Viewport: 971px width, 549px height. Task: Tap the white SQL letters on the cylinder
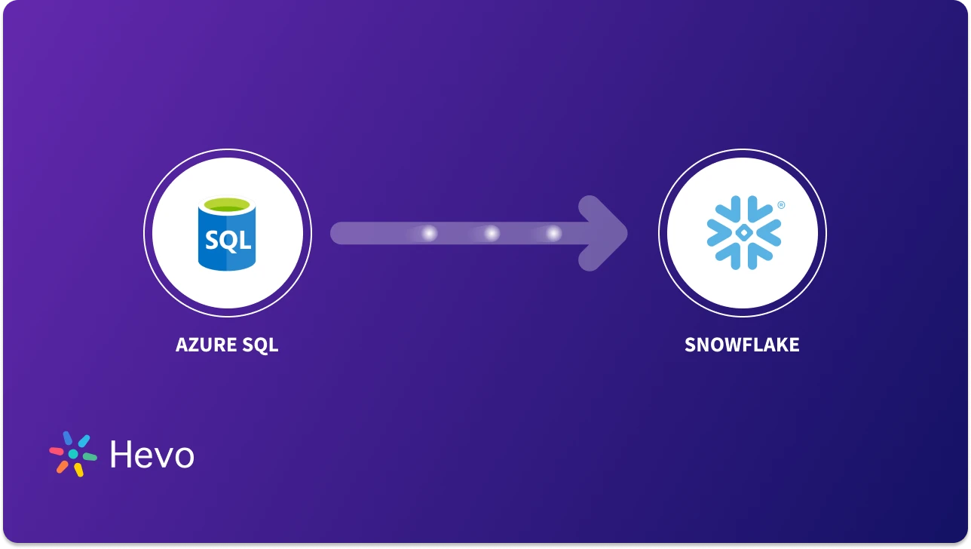227,241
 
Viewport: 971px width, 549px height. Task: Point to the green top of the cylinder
227,204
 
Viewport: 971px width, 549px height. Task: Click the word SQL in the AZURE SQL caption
261,345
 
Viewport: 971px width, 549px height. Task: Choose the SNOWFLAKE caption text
742,345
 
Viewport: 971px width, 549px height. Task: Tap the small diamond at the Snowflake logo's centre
743,233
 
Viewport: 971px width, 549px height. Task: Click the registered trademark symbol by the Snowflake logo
781,204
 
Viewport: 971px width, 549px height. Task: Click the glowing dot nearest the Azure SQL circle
429,234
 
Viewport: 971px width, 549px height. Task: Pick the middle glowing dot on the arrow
492,234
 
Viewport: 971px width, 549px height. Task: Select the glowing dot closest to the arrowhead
553,234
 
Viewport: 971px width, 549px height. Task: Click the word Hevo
152,455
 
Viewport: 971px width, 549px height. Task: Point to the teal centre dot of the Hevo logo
73,454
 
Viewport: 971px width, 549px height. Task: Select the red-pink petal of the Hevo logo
57,451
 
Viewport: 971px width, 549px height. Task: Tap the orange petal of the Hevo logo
62,467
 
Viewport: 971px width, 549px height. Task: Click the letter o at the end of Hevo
183,457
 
